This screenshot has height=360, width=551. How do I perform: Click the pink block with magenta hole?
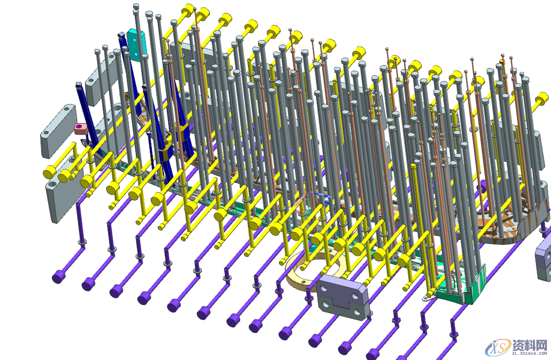click(x=81, y=128)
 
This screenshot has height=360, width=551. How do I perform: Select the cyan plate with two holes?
click(x=135, y=44)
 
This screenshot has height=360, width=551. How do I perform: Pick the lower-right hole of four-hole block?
click(x=357, y=312)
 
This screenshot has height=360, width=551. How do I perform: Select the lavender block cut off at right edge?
click(x=543, y=256)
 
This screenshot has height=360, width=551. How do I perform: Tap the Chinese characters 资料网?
click(x=530, y=344)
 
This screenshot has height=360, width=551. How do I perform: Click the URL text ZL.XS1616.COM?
click(x=530, y=353)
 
